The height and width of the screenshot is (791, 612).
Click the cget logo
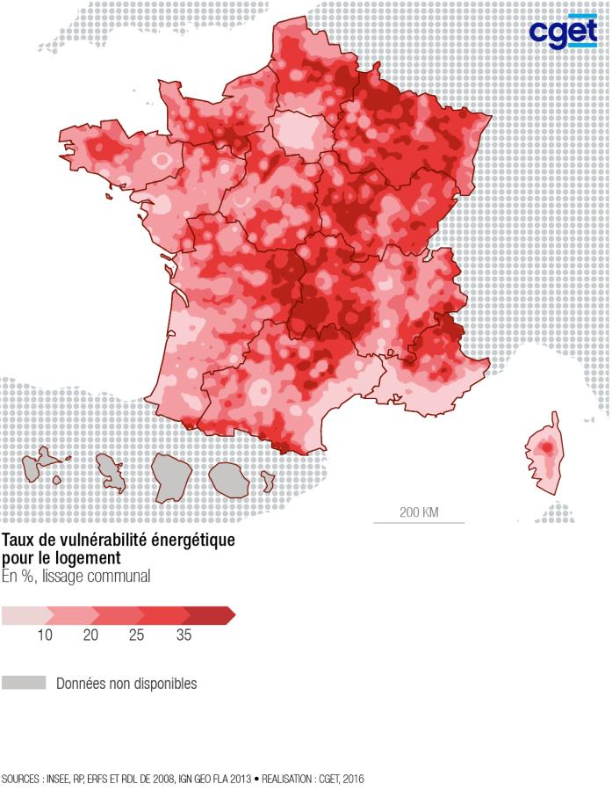[x=562, y=32]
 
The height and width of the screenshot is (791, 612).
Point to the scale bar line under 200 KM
[x=419, y=523]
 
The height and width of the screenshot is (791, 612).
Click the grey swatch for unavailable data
[x=23, y=683]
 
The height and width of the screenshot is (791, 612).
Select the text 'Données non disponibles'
[x=126, y=683]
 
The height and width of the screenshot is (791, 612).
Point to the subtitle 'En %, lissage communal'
[x=76, y=577]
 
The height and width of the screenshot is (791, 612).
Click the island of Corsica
[x=545, y=455]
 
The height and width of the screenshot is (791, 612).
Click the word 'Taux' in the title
[x=18, y=540]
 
